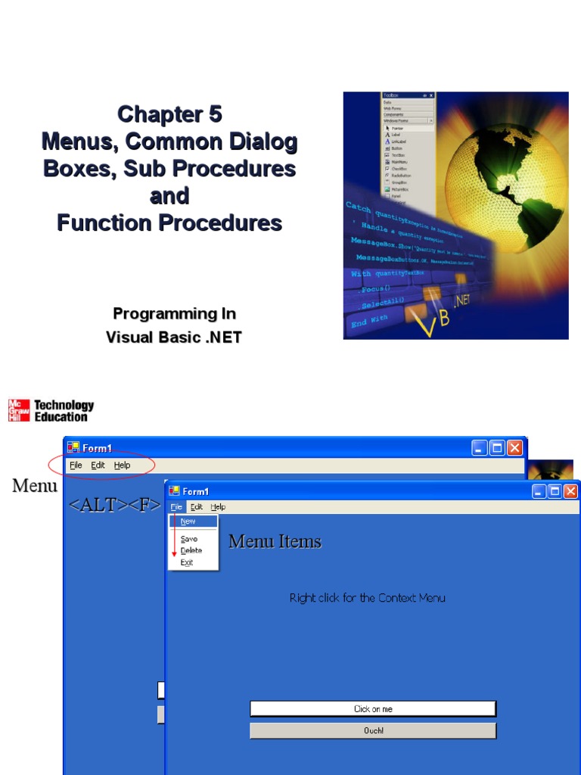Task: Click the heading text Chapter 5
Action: point(169,114)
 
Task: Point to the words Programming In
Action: point(174,313)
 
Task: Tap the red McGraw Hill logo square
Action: point(19,410)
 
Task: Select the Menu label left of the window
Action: point(35,486)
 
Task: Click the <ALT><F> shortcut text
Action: point(114,506)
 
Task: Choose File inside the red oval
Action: point(76,465)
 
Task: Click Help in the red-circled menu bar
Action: point(122,465)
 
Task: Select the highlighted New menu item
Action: point(188,521)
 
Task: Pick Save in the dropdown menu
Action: point(189,539)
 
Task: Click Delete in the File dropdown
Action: point(191,550)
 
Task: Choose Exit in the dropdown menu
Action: point(187,562)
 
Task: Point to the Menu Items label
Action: point(275,542)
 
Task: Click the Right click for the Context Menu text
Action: point(368,598)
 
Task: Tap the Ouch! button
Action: point(373,730)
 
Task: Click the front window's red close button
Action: point(570,491)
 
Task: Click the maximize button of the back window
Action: point(497,448)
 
